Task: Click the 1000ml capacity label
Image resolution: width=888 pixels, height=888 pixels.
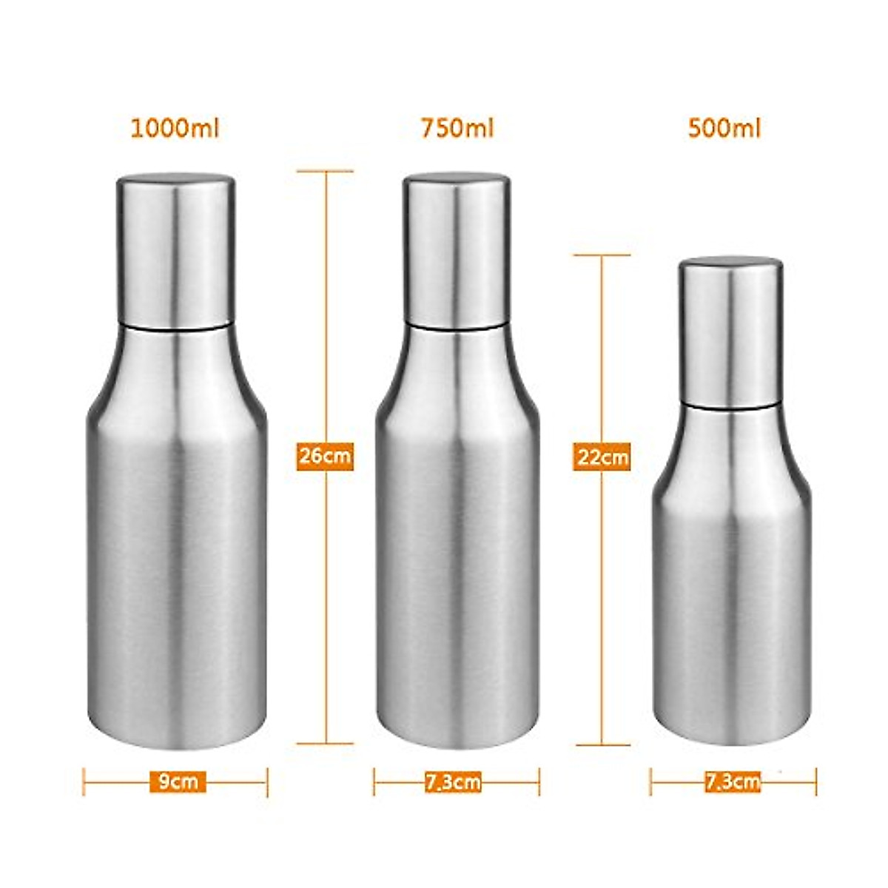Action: pos(175,129)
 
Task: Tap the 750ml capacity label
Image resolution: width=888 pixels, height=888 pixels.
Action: pos(457,129)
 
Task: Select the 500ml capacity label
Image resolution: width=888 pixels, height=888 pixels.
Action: pos(724,129)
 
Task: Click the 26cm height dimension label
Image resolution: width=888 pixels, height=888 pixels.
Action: pos(325,455)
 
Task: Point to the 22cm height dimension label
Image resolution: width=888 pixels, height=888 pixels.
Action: pos(602,457)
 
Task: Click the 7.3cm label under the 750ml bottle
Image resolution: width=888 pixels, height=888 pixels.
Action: pos(454,782)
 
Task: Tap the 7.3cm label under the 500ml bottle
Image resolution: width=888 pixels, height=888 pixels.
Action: pos(733,781)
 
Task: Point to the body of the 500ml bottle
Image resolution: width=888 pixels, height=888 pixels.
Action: pos(731,592)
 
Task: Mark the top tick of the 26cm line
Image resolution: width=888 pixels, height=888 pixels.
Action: pos(326,172)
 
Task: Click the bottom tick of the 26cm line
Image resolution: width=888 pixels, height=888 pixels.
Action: pos(326,743)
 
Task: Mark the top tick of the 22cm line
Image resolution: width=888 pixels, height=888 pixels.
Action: pos(602,255)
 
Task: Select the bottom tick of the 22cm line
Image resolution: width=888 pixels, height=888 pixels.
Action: pos(602,744)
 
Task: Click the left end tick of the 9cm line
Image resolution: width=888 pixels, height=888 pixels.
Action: pos(84,781)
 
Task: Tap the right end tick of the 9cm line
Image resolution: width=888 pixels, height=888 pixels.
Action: pos(266,781)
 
